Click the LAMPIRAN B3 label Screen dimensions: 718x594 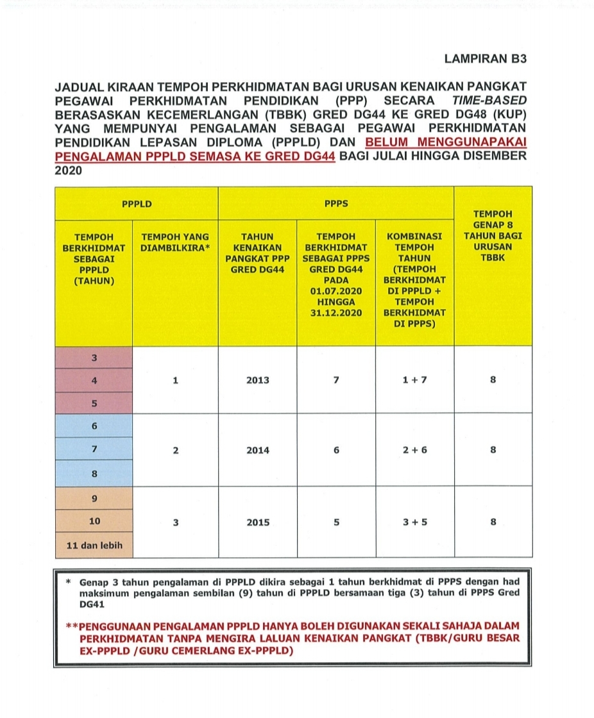click(484, 59)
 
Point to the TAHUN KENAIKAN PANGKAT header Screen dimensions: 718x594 click(257, 252)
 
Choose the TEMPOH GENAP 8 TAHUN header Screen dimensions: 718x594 click(493, 237)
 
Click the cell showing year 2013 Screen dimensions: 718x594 click(257, 380)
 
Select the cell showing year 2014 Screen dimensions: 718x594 click(257, 450)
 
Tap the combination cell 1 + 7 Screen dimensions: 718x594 click(414, 380)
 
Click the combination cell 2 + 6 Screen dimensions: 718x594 click(414, 450)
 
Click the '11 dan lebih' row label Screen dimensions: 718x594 click(94, 546)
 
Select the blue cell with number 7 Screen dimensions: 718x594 click(94, 449)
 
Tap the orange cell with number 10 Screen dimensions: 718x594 click(94, 521)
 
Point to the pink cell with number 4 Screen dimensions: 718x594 click(94, 380)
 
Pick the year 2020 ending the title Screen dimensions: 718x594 click(70, 171)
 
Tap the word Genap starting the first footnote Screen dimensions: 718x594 click(94, 583)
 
